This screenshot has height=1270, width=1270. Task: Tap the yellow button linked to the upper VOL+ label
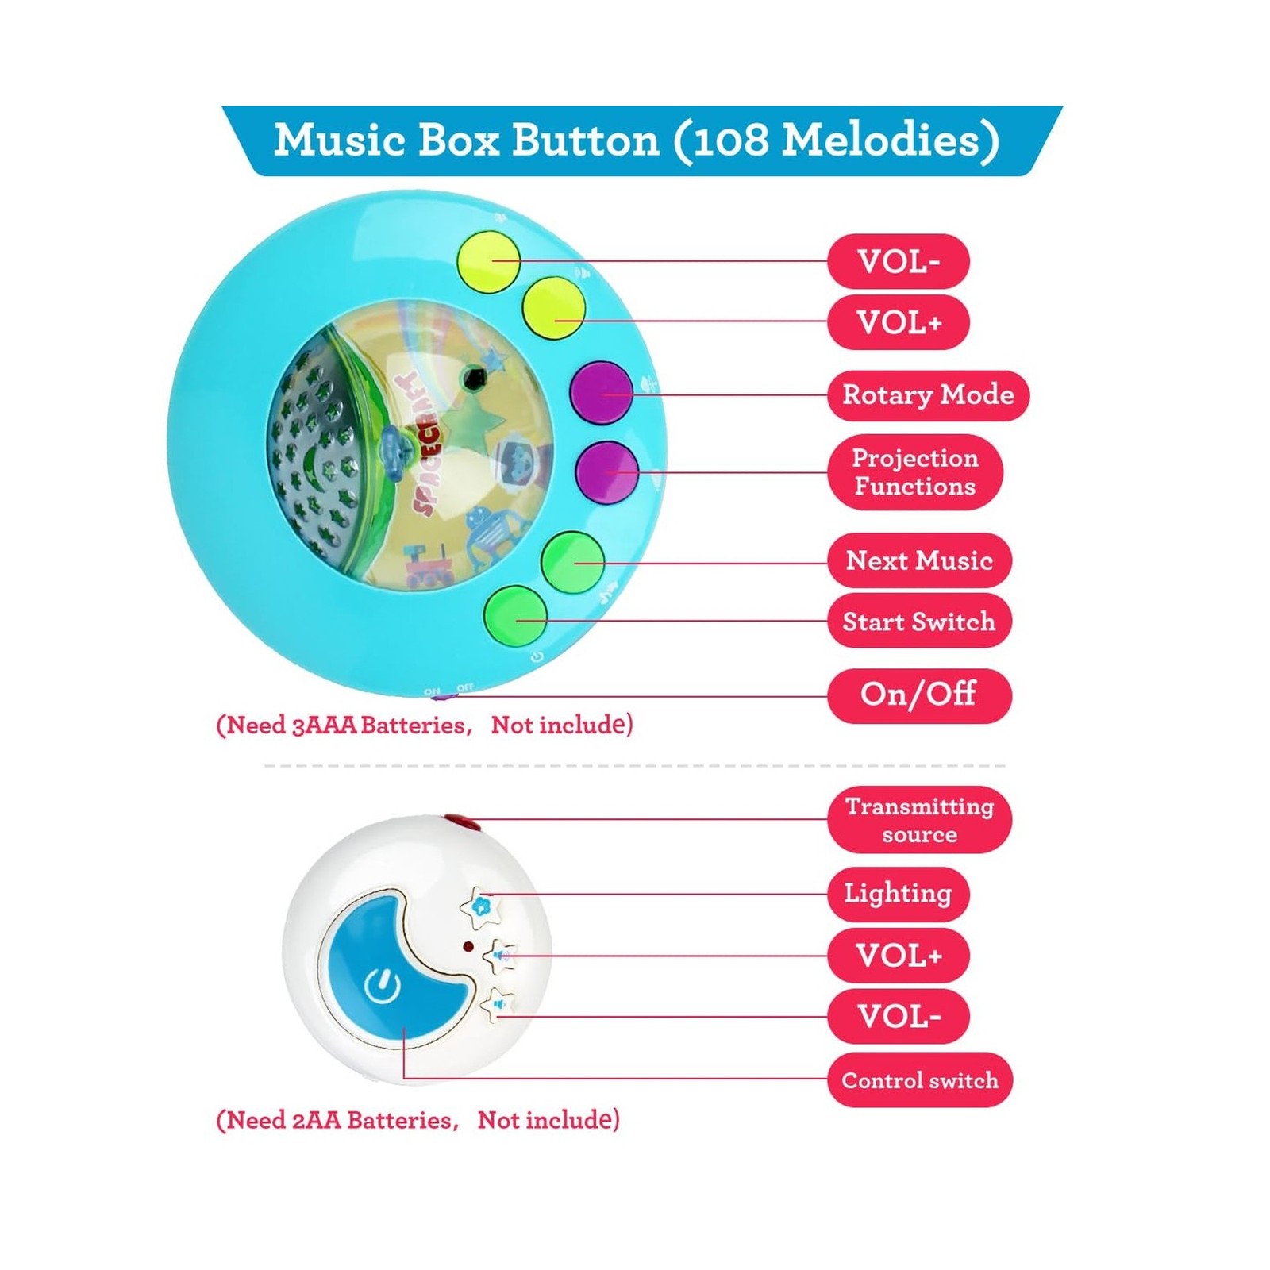click(x=553, y=309)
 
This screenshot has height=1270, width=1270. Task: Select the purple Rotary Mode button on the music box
click(x=602, y=392)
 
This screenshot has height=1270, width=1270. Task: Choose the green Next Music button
click(x=572, y=562)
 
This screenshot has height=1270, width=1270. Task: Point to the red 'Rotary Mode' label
click(x=928, y=394)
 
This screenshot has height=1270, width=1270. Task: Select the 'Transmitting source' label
click(x=919, y=820)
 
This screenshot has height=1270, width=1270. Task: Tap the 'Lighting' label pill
click(x=898, y=894)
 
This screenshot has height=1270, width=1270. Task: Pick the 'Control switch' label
click(x=920, y=1080)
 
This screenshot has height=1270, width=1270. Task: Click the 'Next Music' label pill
click(x=919, y=560)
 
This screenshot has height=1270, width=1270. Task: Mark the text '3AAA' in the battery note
click(x=324, y=725)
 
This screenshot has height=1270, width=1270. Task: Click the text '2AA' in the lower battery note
click(x=317, y=1121)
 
